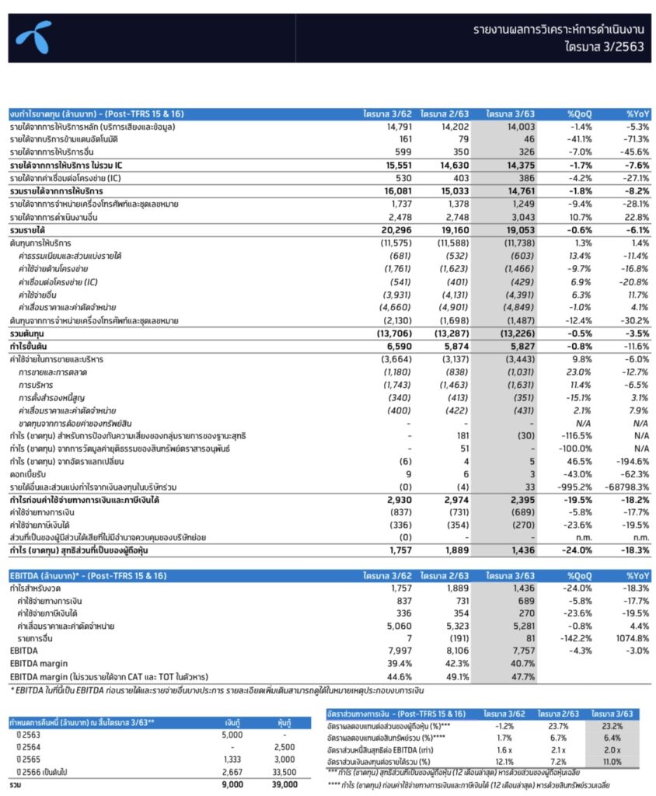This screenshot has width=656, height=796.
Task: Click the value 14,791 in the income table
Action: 387,126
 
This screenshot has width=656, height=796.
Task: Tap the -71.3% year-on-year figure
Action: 636,138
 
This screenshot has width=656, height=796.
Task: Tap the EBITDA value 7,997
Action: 386,651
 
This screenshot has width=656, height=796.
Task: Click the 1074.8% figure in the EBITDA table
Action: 633,638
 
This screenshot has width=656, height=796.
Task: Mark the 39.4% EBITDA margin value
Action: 388,663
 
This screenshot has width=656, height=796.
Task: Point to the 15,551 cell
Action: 386,165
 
